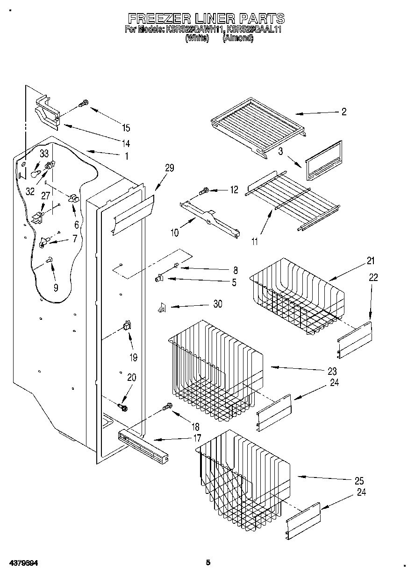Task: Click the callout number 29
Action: [169, 168]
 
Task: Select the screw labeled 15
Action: [84, 104]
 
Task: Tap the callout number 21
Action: [371, 260]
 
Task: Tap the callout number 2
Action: [344, 112]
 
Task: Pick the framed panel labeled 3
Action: [324, 160]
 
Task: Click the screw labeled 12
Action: [204, 190]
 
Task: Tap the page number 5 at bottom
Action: [208, 562]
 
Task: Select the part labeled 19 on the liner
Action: [126, 326]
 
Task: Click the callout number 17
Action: [197, 438]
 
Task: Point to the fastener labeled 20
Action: [124, 407]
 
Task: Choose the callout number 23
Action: [331, 372]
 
